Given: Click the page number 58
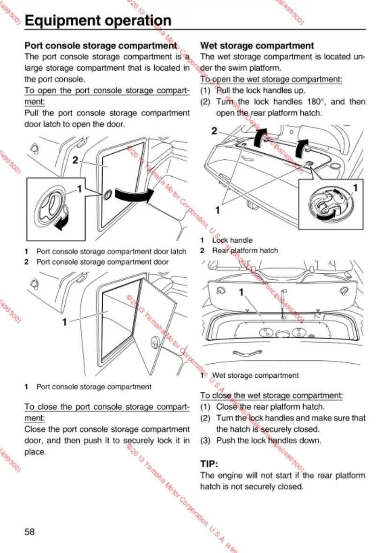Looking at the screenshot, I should tap(30, 531).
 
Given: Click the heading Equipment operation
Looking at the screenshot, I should tap(97, 21).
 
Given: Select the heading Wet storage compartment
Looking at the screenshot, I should tap(257, 45).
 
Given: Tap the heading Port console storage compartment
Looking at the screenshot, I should tap(100, 45).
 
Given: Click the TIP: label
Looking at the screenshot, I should tap(209, 464).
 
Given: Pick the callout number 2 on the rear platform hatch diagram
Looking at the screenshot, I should tap(214, 131).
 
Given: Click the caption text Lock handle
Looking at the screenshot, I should tap(232, 240).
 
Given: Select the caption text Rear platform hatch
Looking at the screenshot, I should tap(245, 250).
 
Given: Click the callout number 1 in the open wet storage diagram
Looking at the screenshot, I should tap(241, 293).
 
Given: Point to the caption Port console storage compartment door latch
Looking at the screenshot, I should tap(111, 252).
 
